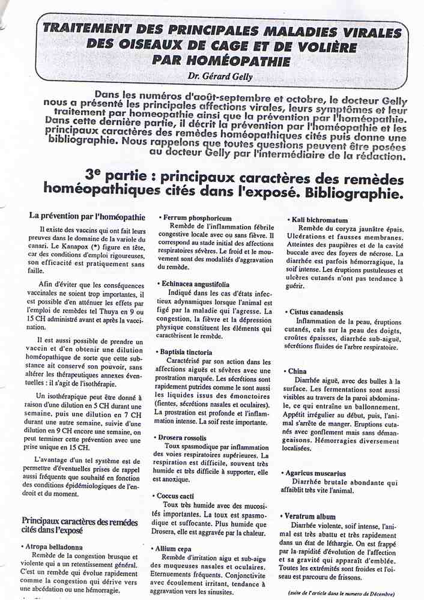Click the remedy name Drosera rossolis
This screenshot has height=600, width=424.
[184, 438]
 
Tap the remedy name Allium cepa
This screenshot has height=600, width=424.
[178, 549]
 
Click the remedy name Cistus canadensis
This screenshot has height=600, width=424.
[316, 312]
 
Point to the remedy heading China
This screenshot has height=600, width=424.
[297, 371]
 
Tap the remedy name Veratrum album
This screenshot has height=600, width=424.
[312, 516]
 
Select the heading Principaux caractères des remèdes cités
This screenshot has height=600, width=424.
[79, 526]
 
